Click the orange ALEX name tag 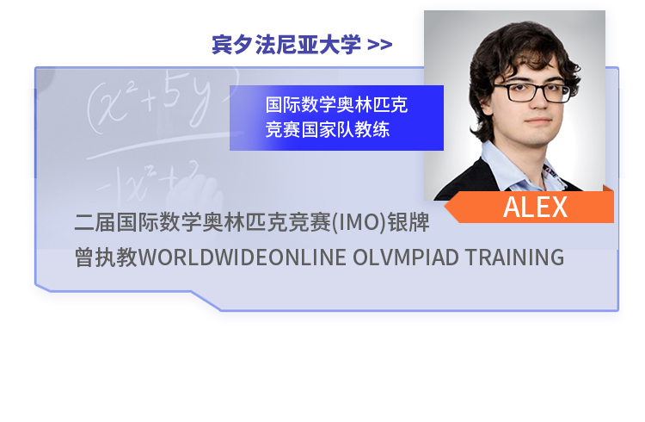531,207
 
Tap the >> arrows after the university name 379,45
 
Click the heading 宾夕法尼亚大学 286,45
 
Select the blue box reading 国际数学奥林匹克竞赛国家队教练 336,118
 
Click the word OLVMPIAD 406,258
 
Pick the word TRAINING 514,258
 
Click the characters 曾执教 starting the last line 106,258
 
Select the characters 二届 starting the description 95,222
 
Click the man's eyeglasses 532,91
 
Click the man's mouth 538,121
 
